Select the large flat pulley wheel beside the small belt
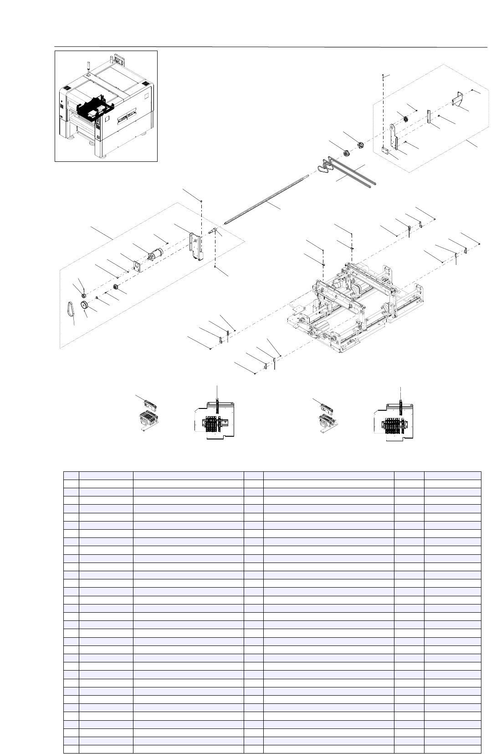pos(85,305)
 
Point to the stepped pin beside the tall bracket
pos(213,230)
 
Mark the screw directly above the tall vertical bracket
pos(201,201)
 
